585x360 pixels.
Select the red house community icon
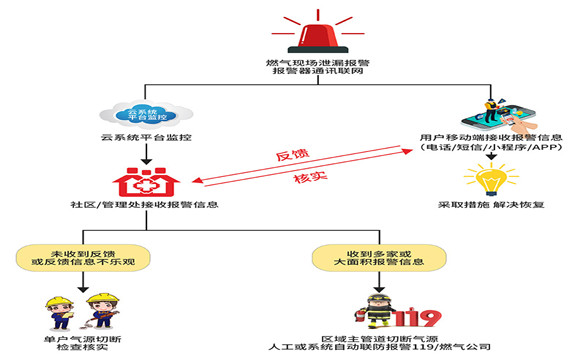[146, 179]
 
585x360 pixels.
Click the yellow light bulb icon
[490, 179]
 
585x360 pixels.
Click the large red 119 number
[416, 319]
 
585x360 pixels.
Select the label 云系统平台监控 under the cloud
[146, 135]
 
